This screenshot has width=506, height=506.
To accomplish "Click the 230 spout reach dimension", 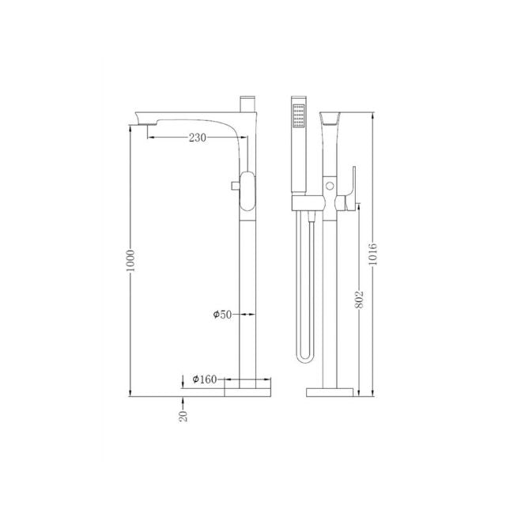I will tap(198, 138).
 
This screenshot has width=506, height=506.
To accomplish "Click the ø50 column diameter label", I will tap(222, 314).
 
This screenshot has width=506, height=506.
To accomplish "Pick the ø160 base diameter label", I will tap(204, 379).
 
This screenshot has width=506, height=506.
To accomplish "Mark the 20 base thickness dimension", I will tap(183, 414).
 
